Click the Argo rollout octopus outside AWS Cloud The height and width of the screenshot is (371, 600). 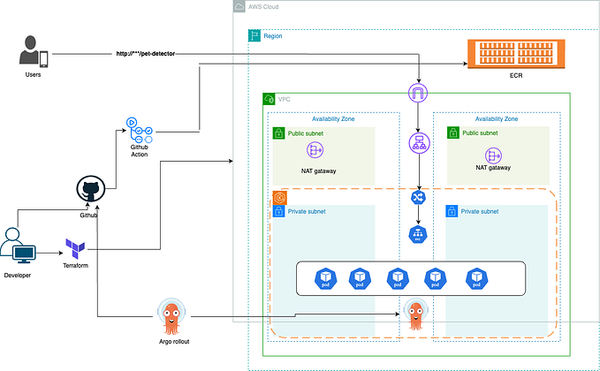pos(172,315)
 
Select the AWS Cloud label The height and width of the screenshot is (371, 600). pos(267,7)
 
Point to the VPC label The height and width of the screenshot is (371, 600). pos(285,100)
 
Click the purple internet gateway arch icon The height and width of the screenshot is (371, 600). pos(418,92)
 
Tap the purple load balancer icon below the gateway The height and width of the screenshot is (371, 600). pos(418,143)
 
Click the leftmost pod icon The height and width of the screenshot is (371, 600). pos(322,279)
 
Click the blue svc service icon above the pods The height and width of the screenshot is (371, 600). pos(418,235)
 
